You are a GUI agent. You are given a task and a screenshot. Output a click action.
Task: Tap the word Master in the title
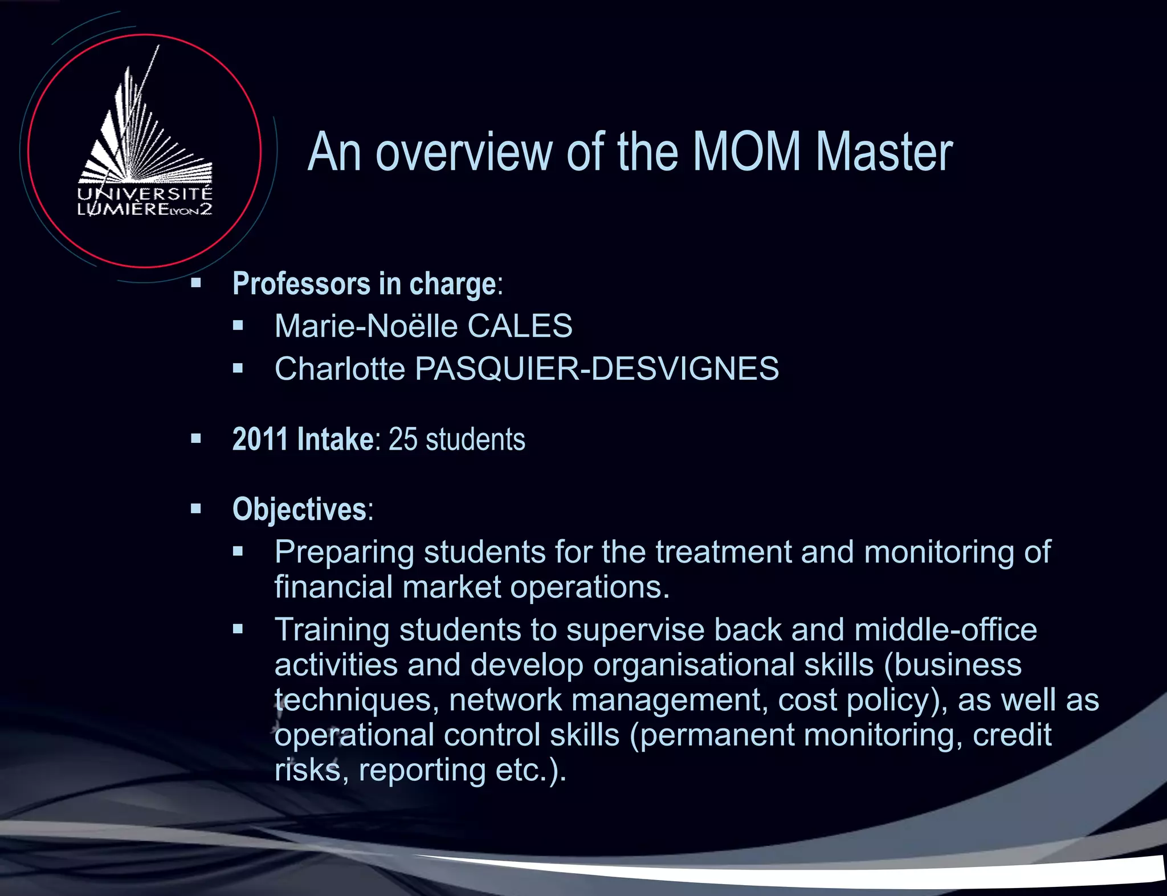[884, 152]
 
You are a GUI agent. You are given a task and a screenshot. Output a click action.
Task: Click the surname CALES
[520, 326]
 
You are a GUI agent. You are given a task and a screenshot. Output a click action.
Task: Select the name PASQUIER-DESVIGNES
[597, 368]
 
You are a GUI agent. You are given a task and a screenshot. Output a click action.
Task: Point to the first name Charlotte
[340, 368]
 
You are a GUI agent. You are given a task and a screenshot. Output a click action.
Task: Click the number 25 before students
[403, 439]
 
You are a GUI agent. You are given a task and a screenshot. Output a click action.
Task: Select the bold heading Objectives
[299, 509]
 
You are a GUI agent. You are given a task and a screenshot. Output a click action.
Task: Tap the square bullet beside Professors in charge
[196, 283]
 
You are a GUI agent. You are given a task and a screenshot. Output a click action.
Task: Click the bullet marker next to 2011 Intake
[196, 438]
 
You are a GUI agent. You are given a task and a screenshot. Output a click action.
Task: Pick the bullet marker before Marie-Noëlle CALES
[238, 326]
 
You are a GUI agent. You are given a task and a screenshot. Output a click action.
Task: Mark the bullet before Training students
[238, 629]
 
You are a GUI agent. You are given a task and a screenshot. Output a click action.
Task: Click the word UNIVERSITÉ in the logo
[145, 194]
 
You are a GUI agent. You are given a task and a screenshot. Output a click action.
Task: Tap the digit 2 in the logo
[206, 209]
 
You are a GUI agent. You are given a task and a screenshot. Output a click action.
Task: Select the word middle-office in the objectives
[945, 630]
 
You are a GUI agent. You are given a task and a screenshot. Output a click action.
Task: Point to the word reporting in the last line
[422, 770]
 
